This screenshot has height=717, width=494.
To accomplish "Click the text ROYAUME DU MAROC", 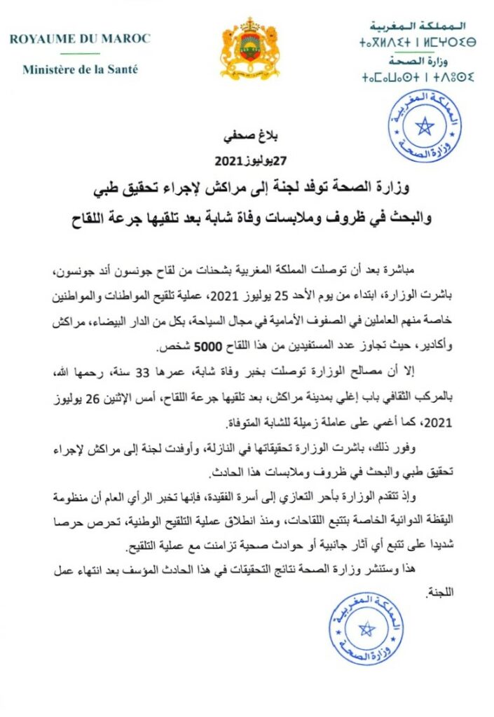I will point(79,39).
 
